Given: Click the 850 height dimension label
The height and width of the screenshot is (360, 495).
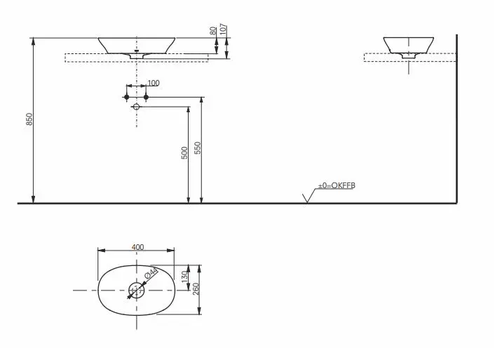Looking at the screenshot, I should (29, 119).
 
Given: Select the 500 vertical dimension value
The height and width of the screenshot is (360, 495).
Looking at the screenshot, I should (184, 152).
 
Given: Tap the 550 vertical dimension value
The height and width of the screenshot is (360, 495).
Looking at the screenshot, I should (198, 148).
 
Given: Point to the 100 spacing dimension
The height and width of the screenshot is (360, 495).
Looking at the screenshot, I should (154, 83).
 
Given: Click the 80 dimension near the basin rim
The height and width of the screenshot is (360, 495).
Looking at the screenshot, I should (212, 32).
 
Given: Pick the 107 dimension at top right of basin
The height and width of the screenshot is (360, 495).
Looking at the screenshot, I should (222, 29).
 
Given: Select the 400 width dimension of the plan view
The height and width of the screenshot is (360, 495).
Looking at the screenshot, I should (137, 246).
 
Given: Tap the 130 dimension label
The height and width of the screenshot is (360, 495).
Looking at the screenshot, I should (185, 277).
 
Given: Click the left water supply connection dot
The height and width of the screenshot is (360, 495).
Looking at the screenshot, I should (127, 96).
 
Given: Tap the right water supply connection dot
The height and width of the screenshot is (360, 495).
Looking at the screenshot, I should (146, 96).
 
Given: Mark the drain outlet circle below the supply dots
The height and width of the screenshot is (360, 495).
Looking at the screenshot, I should (137, 107).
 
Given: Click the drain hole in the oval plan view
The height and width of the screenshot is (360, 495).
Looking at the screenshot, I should (137, 289).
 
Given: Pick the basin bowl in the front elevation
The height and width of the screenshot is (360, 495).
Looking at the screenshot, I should (137, 45).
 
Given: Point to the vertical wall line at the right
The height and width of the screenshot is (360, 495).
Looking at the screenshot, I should (456, 119).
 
